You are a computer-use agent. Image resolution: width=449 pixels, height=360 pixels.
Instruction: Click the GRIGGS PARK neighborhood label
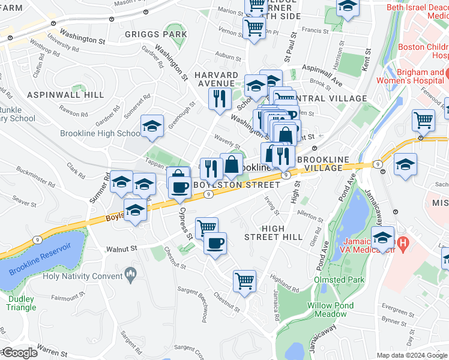tap(155, 34)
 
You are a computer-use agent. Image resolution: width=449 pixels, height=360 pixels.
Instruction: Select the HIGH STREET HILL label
tap(274, 232)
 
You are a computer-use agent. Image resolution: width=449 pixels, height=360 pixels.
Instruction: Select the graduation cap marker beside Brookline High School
tap(152, 126)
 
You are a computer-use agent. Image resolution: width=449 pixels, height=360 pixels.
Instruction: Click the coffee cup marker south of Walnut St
tap(215, 243)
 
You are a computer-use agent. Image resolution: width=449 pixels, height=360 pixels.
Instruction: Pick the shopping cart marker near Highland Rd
tap(244, 281)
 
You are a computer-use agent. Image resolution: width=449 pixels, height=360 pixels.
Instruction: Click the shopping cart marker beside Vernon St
tap(254, 28)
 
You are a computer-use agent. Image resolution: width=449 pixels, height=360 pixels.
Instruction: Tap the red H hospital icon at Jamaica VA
tap(403, 244)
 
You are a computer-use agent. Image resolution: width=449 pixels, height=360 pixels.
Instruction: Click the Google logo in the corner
tap(19, 353)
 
